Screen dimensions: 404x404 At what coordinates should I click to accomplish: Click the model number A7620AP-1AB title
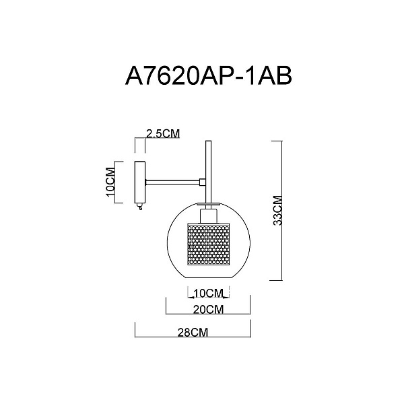pyautogui.click(x=209, y=75)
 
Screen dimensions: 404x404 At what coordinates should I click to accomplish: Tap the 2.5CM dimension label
pyautogui.click(x=163, y=134)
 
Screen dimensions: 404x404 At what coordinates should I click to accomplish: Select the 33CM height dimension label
pyautogui.click(x=277, y=211)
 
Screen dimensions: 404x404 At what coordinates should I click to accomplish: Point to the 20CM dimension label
pyautogui.click(x=208, y=310)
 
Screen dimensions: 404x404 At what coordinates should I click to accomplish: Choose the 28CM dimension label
pyautogui.click(x=193, y=333)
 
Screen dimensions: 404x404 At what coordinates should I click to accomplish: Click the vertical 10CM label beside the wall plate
pyautogui.click(x=110, y=182)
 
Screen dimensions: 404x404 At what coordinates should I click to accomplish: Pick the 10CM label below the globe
pyautogui.click(x=208, y=293)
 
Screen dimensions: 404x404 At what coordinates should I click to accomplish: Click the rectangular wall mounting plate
pyautogui.click(x=140, y=182)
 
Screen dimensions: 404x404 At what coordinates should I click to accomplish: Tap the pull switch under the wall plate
pyautogui.click(x=140, y=206)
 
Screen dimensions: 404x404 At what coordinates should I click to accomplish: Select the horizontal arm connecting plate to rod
pyautogui.click(x=172, y=182)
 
